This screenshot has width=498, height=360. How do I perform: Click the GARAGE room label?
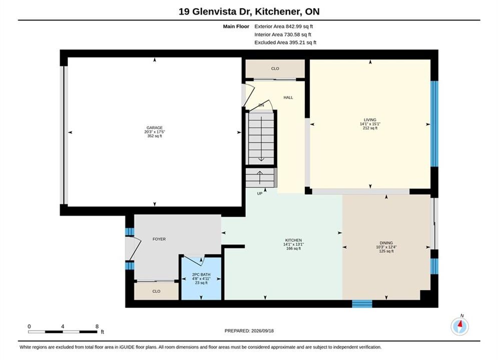point(155,128)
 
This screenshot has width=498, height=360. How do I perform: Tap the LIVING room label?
point(370,120)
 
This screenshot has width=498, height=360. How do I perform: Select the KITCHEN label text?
point(293,240)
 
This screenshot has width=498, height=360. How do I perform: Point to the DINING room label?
point(386,243)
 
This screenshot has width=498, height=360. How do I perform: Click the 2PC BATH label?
point(201,274)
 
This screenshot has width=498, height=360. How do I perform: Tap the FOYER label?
point(159,239)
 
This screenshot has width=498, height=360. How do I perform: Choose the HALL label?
point(288,97)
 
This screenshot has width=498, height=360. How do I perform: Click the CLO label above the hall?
point(275,68)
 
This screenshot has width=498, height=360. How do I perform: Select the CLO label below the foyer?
point(156,291)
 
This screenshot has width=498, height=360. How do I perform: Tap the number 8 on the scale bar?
point(97,326)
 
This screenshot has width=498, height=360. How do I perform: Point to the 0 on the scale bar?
point(29,326)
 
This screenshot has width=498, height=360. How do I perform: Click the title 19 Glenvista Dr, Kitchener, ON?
point(249,11)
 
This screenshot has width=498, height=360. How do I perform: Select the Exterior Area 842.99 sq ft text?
point(284,26)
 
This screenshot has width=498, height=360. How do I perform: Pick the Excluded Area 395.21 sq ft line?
point(285,42)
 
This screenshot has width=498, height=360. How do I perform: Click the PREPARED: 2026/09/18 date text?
point(249,330)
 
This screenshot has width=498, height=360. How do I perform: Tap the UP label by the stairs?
point(260,193)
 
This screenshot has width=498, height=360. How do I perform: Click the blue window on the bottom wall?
point(362,304)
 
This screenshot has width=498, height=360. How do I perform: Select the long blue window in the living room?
point(434,123)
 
